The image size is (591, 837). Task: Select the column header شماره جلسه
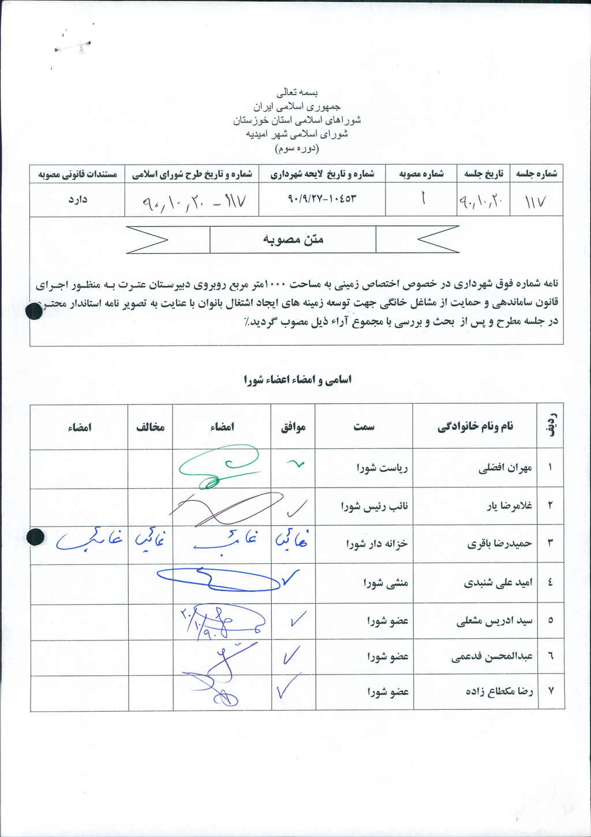(536, 173)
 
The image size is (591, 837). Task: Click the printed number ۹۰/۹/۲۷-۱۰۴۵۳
(321, 198)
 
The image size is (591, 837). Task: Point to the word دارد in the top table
(77, 200)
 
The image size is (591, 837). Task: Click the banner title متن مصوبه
(293, 239)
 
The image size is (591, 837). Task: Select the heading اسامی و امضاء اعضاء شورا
(298, 380)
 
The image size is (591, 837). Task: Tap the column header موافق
(293, 427)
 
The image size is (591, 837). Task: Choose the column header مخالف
(150, 427)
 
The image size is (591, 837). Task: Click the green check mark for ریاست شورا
(295, 464)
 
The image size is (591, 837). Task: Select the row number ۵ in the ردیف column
(551, 620)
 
